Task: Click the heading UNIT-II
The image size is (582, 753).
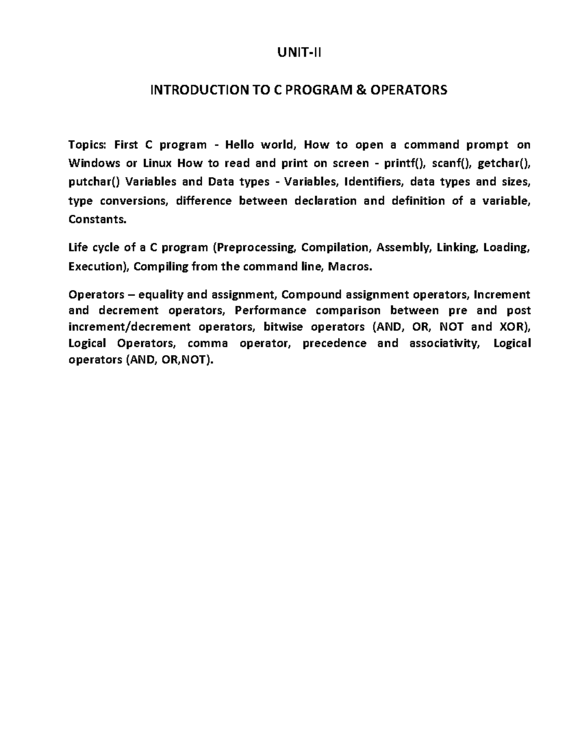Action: pos(299,53)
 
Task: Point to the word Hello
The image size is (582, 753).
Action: pos(239,144)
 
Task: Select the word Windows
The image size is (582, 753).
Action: pos(94,163)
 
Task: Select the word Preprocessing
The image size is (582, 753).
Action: pos(255,248)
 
